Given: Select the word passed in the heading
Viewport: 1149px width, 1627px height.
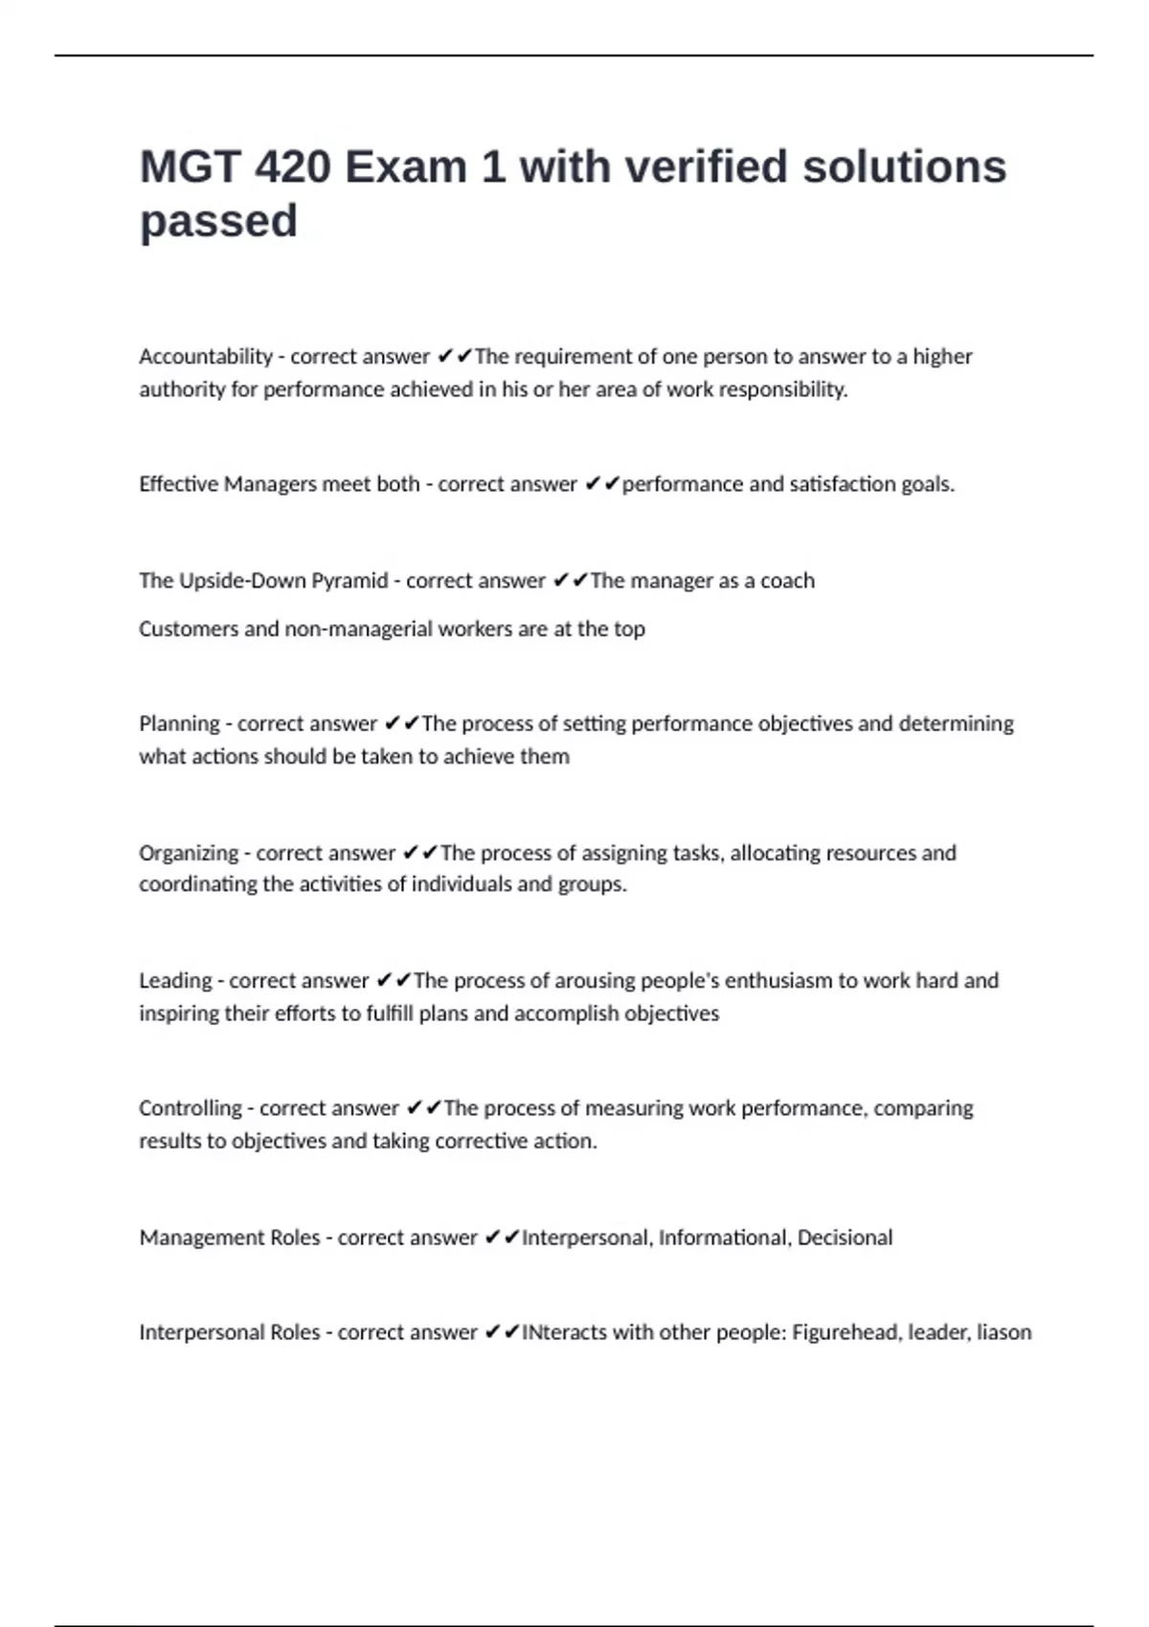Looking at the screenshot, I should tap(218, 222).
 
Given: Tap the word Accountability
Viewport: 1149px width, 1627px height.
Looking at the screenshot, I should tap(206, 357).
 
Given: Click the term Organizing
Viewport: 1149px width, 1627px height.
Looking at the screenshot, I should tap(188, 853).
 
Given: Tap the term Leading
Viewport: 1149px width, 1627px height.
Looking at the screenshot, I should tap(175, 981).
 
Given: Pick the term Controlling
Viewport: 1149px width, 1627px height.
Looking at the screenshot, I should tap(190, 1108).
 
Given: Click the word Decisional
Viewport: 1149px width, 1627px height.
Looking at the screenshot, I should tap(845, 1237).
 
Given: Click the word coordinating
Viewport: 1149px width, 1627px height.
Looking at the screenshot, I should tap(197, 884).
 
